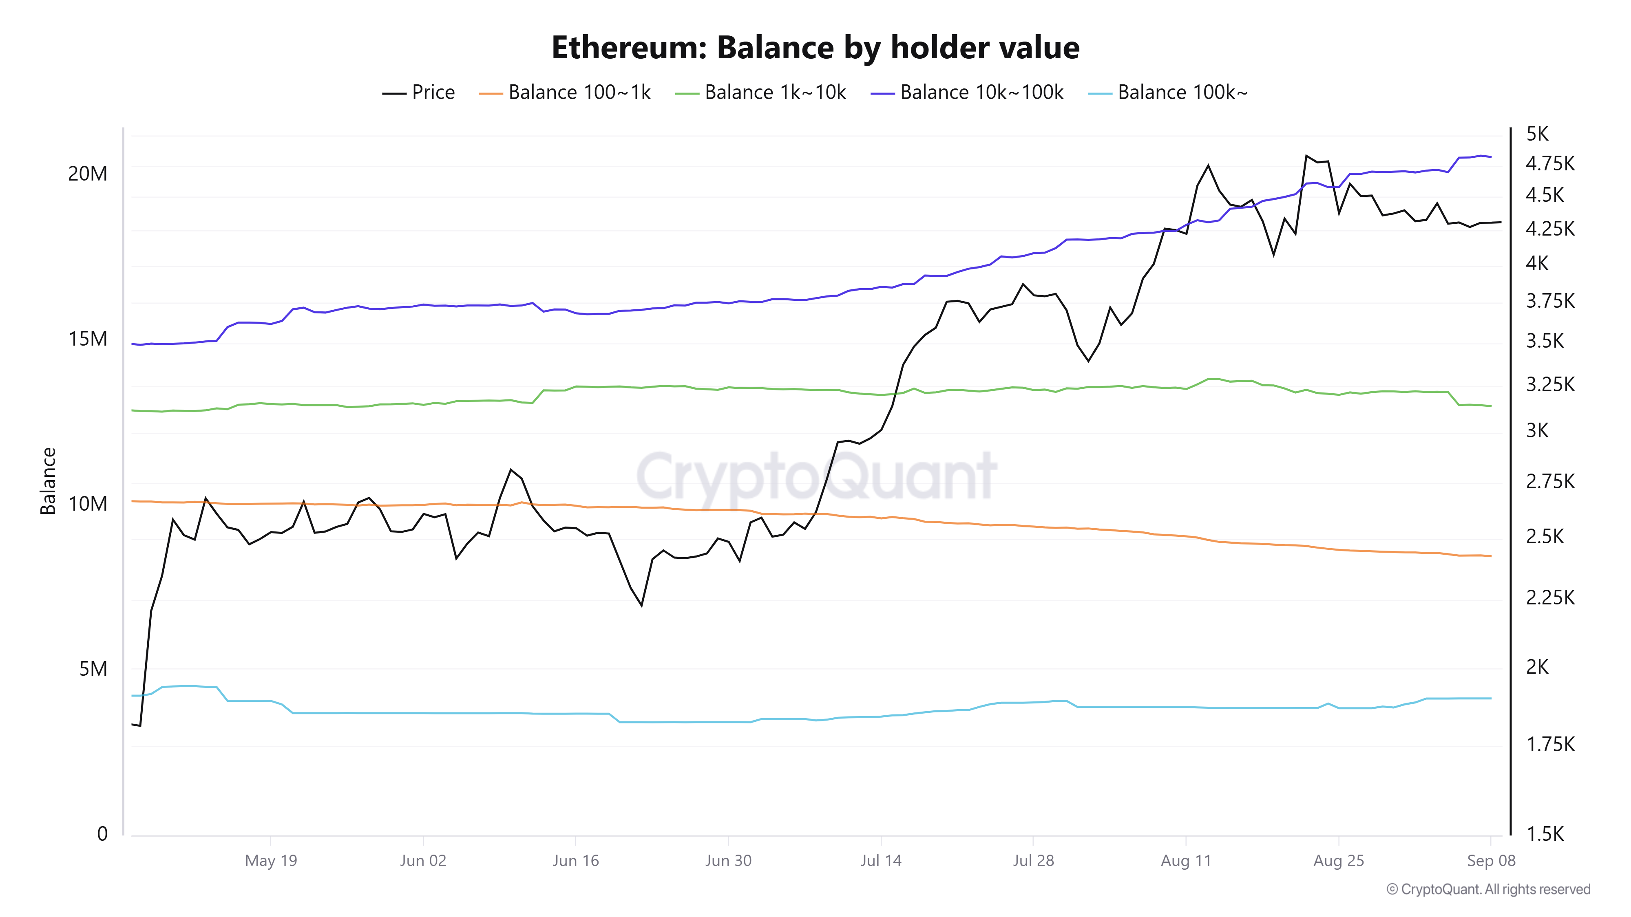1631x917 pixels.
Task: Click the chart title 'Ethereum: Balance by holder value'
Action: click(x=815, y=47)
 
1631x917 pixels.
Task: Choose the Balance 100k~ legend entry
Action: click(x=1168, y=93)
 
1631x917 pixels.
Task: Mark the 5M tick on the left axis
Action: click(x=93, y=669)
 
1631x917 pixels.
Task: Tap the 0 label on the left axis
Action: click(x=102, y=834)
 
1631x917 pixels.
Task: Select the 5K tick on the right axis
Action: click(x=1537, y=134)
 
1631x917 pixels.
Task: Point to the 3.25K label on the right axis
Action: click(x=1549, y=384)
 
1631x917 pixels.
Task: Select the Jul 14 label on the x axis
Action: click(x=880, y=861)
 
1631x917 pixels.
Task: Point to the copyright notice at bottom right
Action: click(x=1488, y=890)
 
